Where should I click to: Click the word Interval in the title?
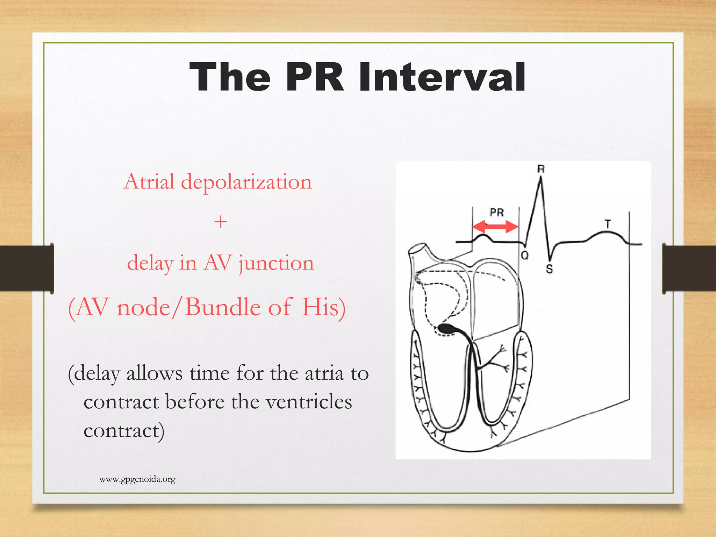click(442, 77)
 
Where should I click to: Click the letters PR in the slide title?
click(314, 77)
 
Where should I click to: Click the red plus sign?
click(221, 222)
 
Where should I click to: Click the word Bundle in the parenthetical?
click(223, 307)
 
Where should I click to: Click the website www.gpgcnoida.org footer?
click(137, 479)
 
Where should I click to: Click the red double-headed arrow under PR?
click(495, 227)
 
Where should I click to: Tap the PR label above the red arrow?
click(496, 212)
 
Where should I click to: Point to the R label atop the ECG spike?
click(541, 169)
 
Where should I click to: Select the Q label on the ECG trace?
click(525, 256)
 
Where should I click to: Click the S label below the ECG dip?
click(549, 269)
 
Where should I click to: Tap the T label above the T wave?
click(608, 224)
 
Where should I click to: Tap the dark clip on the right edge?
click(688, 268)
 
